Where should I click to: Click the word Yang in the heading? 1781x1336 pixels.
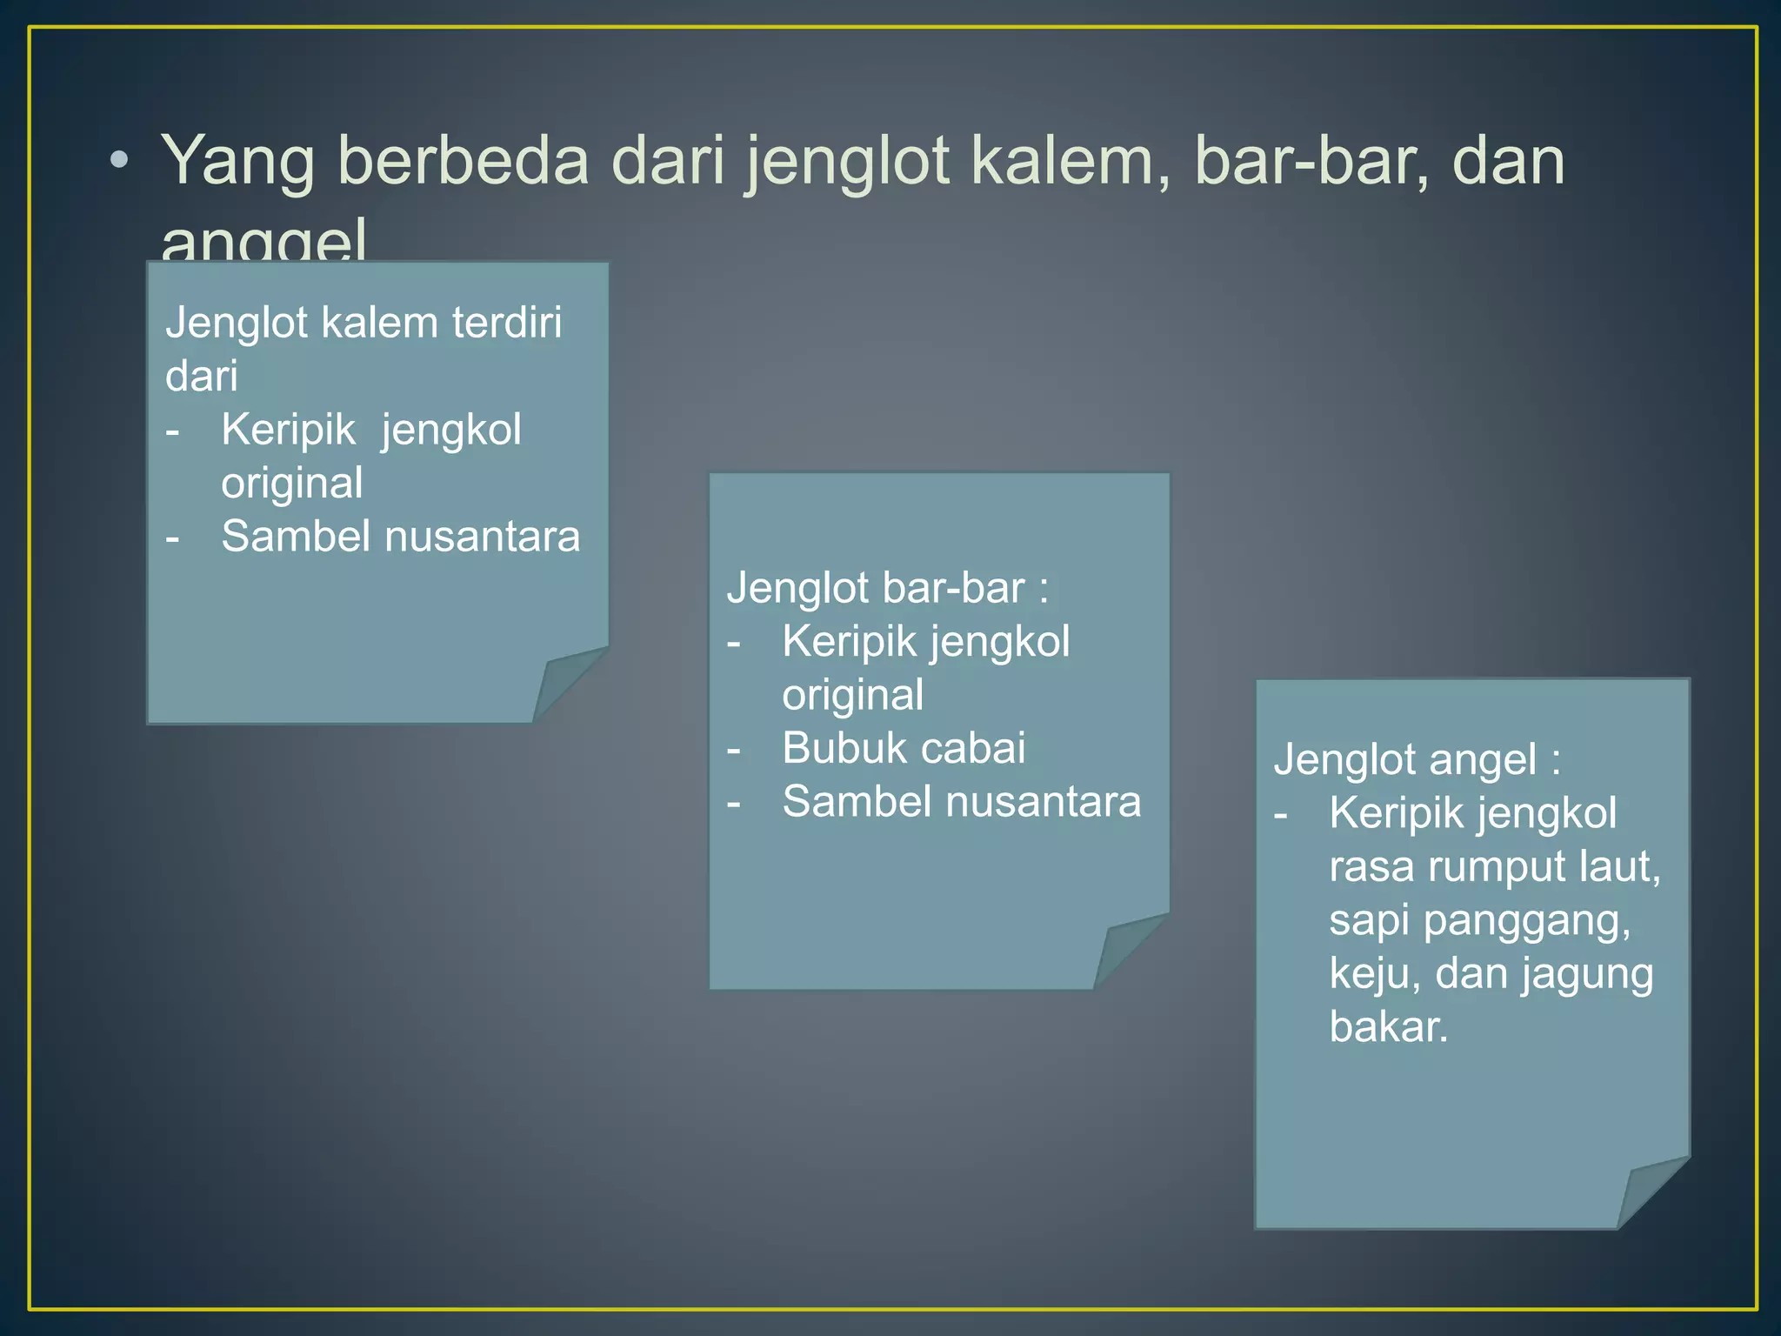[237, 162]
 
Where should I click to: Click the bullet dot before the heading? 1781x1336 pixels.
[120, 161]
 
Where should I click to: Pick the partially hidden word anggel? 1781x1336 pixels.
[263, 241]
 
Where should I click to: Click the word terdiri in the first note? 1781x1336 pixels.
[506, 323]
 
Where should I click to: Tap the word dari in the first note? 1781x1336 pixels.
[201, 376]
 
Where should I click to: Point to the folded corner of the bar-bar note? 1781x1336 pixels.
[1127, 951]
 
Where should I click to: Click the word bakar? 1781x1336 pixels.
[1389, 1027]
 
